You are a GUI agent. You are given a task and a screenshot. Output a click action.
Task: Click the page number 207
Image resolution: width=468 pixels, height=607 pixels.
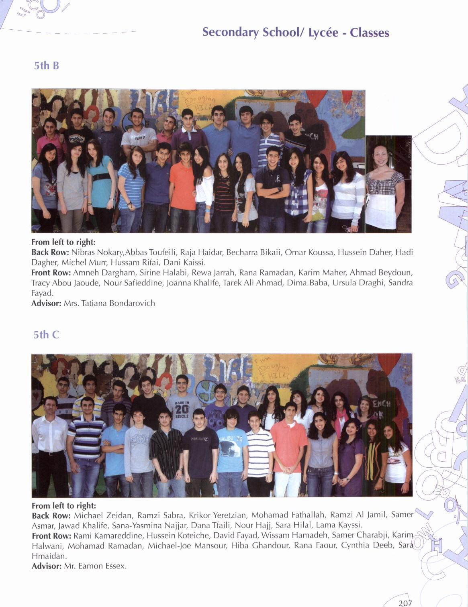pos(405,603)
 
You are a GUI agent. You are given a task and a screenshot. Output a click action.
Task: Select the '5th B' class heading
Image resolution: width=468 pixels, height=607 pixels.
pos(47,65)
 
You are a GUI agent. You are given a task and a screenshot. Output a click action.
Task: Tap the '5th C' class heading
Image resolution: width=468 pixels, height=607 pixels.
pos(46,334)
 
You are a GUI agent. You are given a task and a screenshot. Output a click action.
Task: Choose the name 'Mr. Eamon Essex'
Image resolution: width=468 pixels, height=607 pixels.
pos(95,566)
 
